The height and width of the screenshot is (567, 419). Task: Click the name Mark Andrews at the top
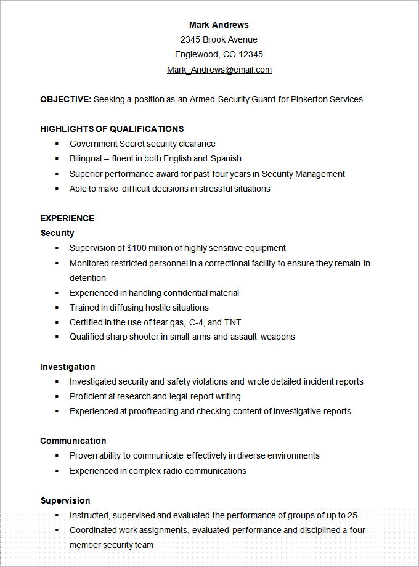pos(219,25)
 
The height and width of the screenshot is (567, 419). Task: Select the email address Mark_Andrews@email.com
pos(219,70)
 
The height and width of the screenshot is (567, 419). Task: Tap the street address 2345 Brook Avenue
pos(219,39)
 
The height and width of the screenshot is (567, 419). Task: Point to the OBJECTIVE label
pos(65,99)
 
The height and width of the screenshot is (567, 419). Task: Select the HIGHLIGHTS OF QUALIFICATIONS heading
pos(112,129)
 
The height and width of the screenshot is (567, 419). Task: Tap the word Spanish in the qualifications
pos(226,158)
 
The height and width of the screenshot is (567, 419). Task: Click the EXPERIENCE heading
pos(67,218)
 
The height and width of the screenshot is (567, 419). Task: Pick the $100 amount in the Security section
pos(137,248)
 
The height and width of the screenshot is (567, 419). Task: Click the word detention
pos(87,278)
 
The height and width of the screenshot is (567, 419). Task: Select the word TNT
pos(233,322)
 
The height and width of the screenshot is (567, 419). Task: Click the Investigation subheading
pos(68,367)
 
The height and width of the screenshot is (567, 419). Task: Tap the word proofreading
pos(153,411)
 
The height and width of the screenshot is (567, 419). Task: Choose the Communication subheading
pos(73,441)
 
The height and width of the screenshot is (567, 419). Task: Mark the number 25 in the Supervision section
pos(352,515)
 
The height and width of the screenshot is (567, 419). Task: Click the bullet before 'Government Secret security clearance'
pos(57,144)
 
